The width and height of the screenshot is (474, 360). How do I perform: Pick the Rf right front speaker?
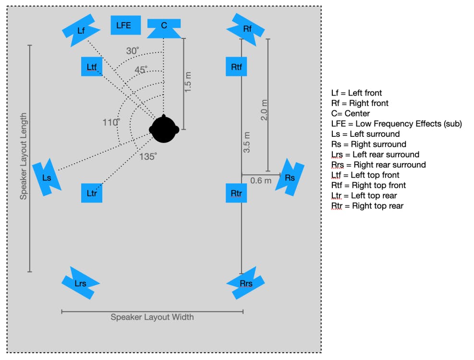(247, 29)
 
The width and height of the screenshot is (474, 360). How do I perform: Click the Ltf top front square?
(92, 67)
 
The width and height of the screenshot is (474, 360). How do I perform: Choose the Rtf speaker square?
(236, 67)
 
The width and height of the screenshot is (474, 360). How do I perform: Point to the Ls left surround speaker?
(47, 178)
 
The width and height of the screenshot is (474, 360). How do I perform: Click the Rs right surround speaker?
(290, 178)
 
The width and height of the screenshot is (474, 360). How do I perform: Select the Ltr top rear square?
(92, 193)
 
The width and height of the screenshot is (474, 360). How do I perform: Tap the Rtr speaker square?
(236, 193)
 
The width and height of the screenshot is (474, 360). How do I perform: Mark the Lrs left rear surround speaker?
(80, 283)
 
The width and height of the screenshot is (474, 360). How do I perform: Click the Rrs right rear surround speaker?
(246, 283)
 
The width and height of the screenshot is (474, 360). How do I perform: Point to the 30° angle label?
(133, 51)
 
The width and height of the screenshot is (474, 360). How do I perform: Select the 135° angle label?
(148, 156)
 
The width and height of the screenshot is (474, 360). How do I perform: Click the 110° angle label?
(111, 122)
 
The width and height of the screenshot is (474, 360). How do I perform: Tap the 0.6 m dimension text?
(261, 180)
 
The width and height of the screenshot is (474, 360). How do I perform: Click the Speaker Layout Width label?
(152, 317)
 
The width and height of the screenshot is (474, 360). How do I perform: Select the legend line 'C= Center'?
(351, 114)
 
